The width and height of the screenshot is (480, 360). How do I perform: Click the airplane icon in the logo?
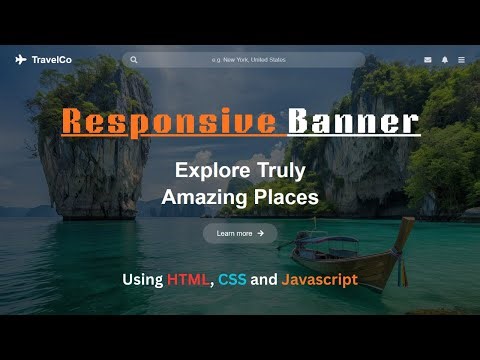pos(21,60)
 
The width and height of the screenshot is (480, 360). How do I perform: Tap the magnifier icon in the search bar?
pos(134,60)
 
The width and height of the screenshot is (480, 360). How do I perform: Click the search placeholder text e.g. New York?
pos(248,60)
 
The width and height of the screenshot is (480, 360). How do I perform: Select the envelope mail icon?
pos(428,60)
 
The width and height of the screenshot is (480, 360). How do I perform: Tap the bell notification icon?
pos(445,60)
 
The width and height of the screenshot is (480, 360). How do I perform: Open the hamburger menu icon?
pos(461,60)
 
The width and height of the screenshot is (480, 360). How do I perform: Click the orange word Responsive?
pos(168,122)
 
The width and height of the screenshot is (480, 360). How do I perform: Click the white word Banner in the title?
pos(353,122)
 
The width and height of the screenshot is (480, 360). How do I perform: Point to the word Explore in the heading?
pos(207,170)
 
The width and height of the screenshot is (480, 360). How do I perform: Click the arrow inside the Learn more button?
pos(261,233)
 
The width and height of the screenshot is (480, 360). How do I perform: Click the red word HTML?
pos(188,280)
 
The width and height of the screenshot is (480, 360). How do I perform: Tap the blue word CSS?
pos(231,280)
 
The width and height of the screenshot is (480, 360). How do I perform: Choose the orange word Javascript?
pos(319,280)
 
